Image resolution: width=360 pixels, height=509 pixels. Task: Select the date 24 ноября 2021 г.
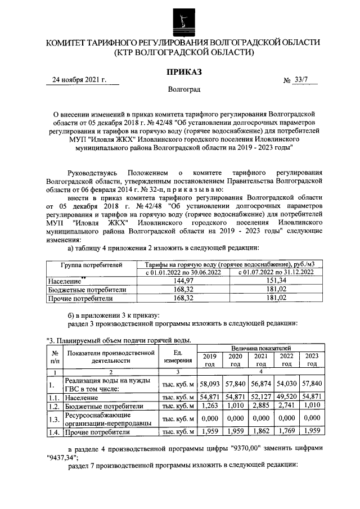pos(78,80)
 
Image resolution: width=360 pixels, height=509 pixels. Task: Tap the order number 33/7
pos(303,80)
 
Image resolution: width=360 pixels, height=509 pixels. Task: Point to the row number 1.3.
pos(54,419)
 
